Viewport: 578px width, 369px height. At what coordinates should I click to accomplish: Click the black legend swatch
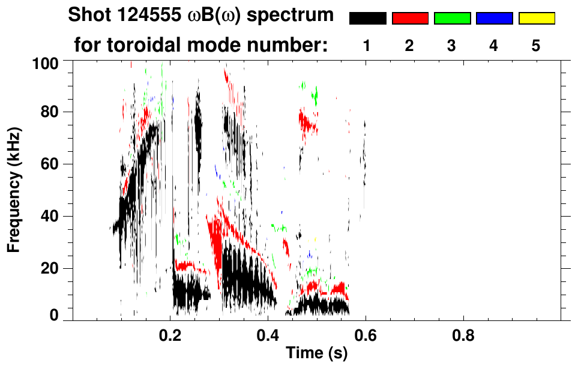368,19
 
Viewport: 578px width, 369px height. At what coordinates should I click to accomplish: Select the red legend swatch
410,19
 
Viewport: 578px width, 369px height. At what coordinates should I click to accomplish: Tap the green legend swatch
452,19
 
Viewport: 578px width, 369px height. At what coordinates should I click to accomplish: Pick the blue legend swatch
494,19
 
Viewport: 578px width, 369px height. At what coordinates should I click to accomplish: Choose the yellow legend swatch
536,19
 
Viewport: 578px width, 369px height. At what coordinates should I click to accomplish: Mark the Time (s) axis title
316,354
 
